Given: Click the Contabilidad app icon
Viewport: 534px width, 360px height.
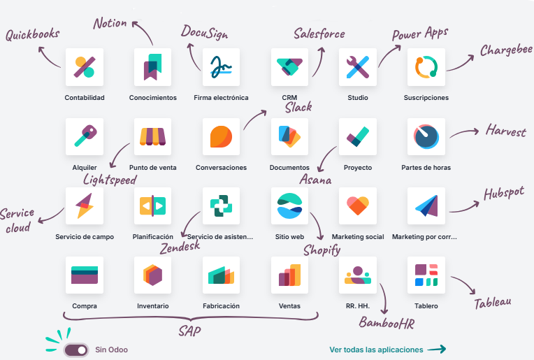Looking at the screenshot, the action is click(x=85, y=67).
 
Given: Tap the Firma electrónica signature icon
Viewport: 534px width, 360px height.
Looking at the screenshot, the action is click(x=221, y=67).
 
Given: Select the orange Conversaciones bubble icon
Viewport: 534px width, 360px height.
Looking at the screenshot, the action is click(x=221, y=136).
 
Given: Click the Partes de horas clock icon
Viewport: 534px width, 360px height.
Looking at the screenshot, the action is click(x=426, y=136).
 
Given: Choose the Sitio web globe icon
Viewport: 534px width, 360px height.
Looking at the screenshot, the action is click(x=289, y=206).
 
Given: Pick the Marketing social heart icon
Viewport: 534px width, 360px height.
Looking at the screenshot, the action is click(x=358, y=206).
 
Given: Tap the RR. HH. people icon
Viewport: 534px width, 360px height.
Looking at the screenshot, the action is click(x=358, y=275).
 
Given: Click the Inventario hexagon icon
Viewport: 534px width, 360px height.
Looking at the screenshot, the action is click(x=152, y=275).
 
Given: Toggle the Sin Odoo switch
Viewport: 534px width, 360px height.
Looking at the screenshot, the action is click(x=76, y=350).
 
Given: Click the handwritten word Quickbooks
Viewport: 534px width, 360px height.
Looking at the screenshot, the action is click(x=33, y=34).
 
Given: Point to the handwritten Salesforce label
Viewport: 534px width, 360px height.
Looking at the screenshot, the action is click(x=319, y=34).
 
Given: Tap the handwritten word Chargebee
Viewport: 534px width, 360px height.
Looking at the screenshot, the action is click(x=506, y=50).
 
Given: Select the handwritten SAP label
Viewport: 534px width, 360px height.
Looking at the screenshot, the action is click(x=189, y=331).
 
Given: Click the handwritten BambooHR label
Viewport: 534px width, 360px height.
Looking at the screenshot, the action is click(x=387, y=322).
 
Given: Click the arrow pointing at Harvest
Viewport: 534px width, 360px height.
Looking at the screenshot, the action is click(x=464, y=132).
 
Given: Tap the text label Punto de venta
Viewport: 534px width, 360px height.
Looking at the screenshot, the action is click(x=153, y=168).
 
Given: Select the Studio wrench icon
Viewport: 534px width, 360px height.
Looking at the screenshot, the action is click(x=358, y=67).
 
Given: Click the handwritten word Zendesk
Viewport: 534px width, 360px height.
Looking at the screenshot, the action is click(x=180, y=247).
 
